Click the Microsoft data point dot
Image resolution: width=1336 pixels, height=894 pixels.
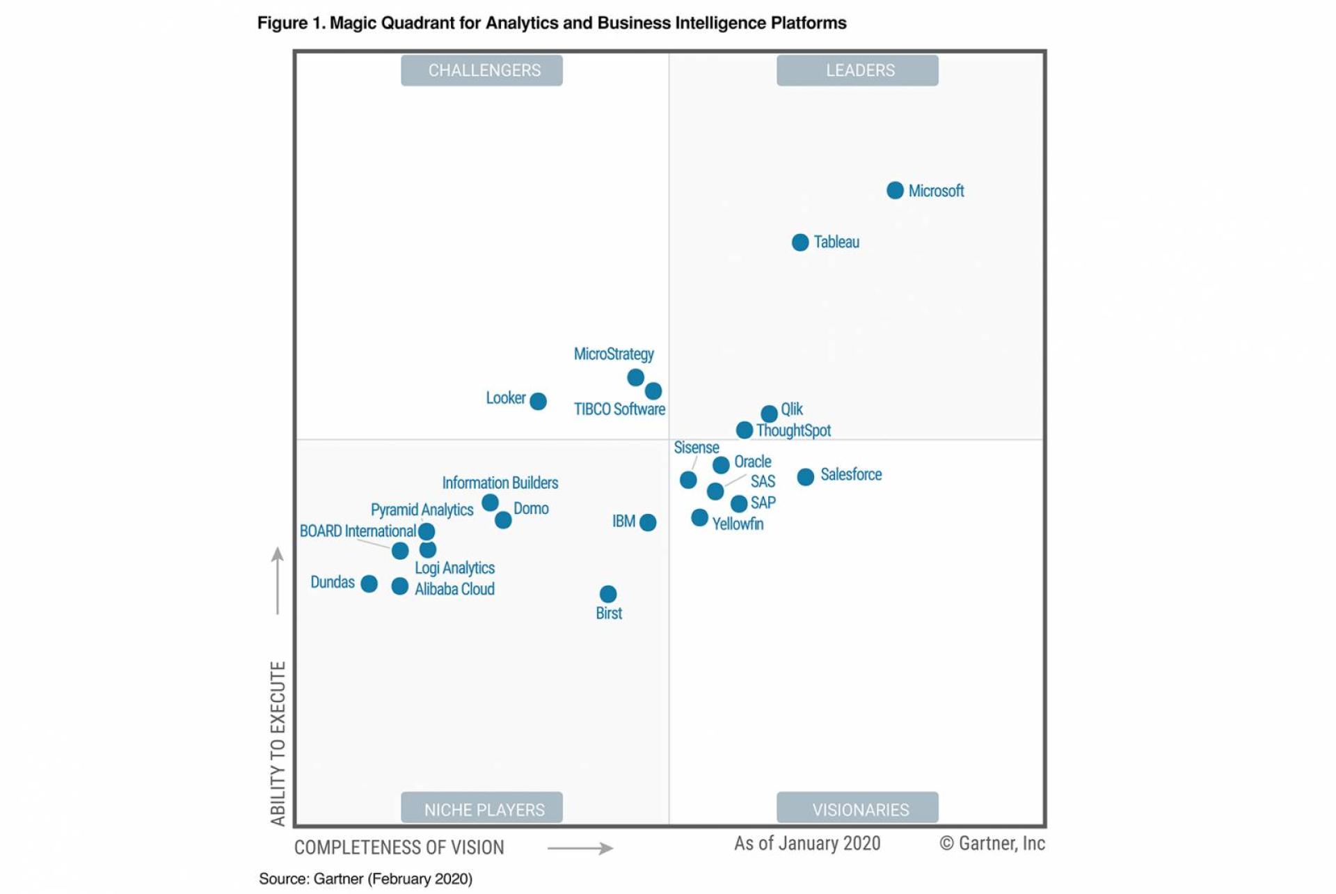tap(895, 190)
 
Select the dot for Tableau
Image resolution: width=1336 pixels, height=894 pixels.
tap(800, 242)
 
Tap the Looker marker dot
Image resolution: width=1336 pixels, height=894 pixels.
tap(538, 401)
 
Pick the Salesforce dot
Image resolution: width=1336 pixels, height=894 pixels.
tap(806, 477)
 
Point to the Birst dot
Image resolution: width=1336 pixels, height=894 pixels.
tap(608, 594)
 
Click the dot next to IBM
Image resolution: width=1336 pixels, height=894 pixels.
tap(648, 522)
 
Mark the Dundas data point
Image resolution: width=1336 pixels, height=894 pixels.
tap(369, 583)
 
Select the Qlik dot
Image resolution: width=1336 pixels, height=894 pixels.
tap(769, 414)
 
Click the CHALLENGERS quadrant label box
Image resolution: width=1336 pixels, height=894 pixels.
tap(482, 70)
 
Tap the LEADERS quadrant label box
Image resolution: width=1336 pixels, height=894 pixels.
tap(857, 70)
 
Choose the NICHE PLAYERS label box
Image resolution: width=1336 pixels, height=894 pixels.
tap(482, 808)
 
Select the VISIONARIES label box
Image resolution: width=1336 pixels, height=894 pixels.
tap(857, 808)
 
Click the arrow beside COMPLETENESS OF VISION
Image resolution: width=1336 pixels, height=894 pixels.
tap(580, 848)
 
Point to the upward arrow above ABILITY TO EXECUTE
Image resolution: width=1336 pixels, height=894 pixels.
tap(278, 580)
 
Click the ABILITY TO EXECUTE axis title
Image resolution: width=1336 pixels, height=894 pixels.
tap(278, 743)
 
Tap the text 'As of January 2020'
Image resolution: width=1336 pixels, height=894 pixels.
tap(807, 843)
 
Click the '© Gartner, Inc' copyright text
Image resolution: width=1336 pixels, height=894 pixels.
tap(992, 843)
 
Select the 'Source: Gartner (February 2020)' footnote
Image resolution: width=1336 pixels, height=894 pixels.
tap(365, 879)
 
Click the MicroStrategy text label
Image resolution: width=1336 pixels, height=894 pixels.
tap(614, 354)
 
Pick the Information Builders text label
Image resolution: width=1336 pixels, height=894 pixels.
tap(500, 483)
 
